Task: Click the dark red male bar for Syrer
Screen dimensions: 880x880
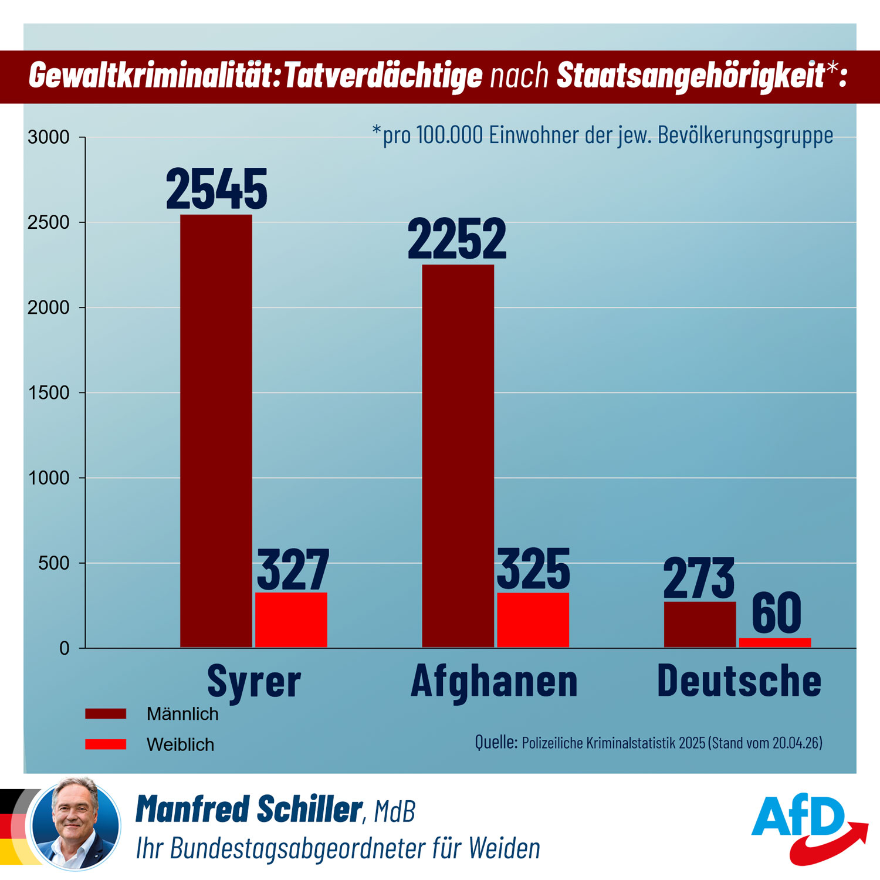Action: [x=216, y=431]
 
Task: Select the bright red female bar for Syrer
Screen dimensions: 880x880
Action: [x=291, y=620]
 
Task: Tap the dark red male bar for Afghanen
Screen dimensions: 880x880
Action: [x=458, y=456]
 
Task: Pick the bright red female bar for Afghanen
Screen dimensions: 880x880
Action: [x=533, y=620]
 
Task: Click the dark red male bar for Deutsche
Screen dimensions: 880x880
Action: [x=699, y=625]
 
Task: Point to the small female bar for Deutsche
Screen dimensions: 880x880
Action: [x=774, y=643]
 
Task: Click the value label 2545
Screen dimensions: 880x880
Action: [x=216, y=189]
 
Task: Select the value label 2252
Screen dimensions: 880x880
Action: [x=457, y=239]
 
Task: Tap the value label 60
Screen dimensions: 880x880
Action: [x=776, y=613]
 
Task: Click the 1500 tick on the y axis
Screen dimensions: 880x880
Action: [x=49, y=393]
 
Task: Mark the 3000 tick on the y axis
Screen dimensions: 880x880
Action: [x=49, y=137]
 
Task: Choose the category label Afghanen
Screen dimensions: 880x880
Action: [x=494, y=681]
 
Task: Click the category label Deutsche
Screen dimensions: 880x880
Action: [x=739, y=681]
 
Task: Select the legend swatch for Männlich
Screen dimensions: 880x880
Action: [x=106, y=713]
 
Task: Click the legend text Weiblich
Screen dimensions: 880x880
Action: [x=180, y=744]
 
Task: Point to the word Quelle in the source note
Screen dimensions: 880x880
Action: [x=496, y=742]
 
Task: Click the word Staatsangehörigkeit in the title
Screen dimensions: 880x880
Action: [x=690, y=76]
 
